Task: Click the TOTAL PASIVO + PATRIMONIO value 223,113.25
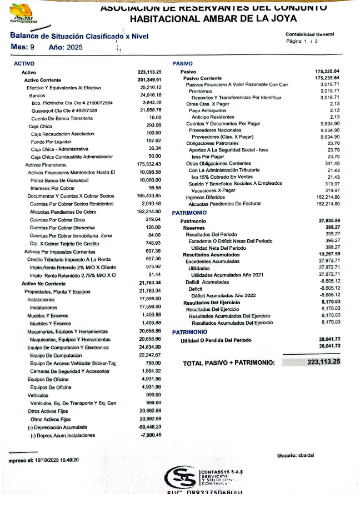pos(323,362)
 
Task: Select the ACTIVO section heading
pos(24,64)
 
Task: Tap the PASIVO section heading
pos(182,64)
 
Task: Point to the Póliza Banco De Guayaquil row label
pos(57,180)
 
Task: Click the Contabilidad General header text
pos(309,34)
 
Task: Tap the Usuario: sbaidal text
pos(296,455)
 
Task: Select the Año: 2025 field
pos(66,47)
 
